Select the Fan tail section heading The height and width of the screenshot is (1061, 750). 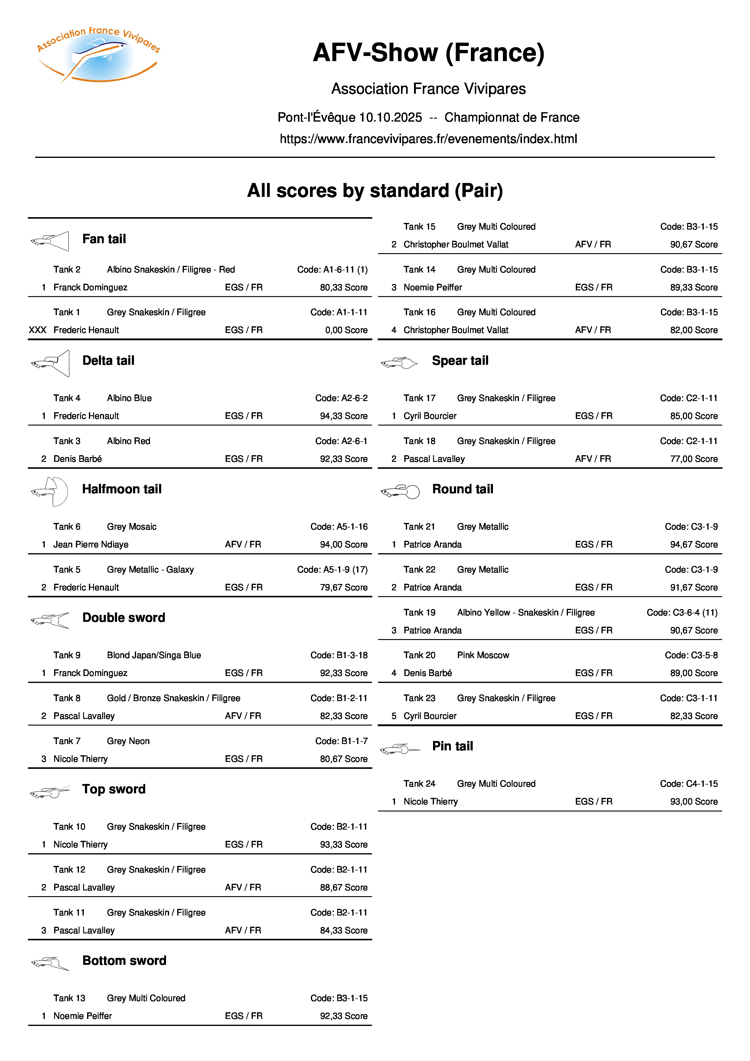click(104, 239)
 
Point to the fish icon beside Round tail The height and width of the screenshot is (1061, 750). click(400, 491)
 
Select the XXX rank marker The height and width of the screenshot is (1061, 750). click(37, 330)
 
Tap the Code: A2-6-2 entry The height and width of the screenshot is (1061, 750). click(341, 398)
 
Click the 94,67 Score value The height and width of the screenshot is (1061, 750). click(694, 544)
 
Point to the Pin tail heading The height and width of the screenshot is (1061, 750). click(452, 746)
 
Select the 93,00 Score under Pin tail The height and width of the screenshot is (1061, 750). click(694, 801)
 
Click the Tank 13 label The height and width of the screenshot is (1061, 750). click(69, 998)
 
